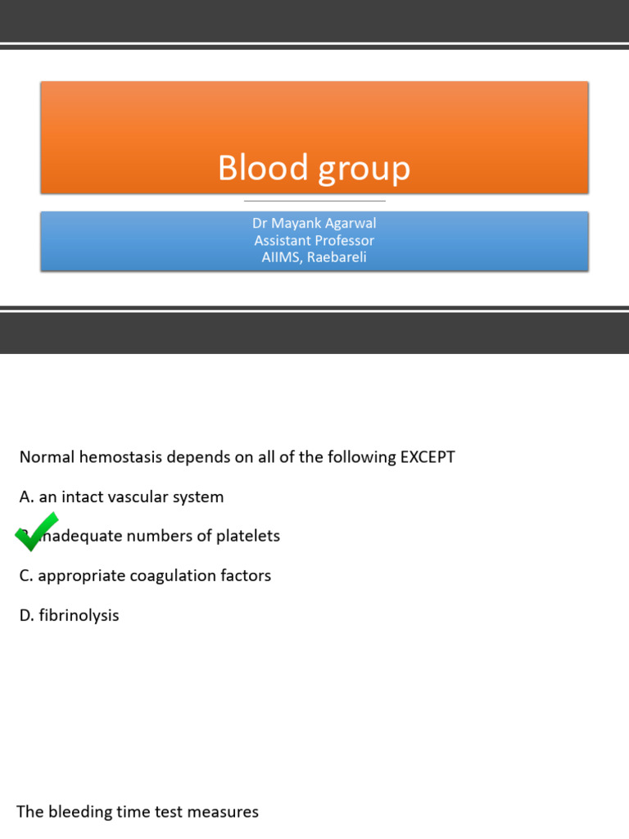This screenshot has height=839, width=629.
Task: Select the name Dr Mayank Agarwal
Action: pyautogui.click(x=314, y=224)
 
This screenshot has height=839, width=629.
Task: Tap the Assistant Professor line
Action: pyautogui.click(x=314, y=241)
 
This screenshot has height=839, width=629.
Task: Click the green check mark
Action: pyautogui.click(x=36, y=531)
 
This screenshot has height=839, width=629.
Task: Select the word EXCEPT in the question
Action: pyautogui.click(x=427, y=457)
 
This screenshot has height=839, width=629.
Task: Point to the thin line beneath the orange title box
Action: pyautogui.click(x=314, y=201)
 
